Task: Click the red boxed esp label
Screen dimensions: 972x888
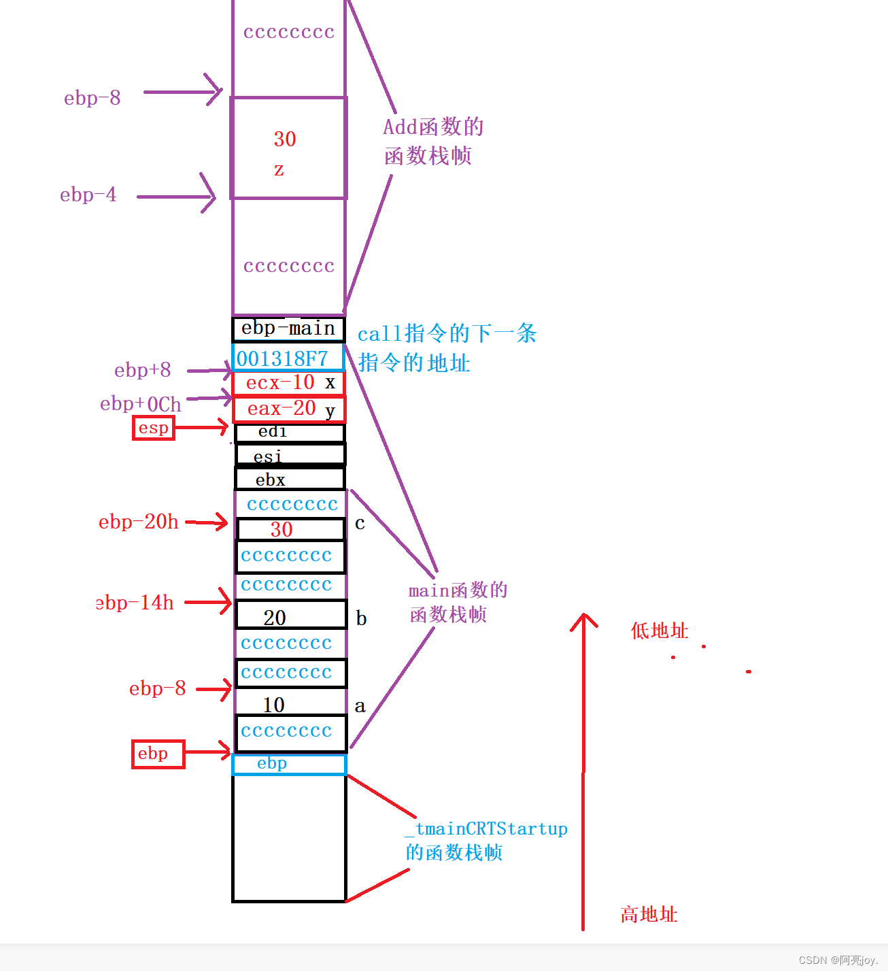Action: click(x=154, y=428)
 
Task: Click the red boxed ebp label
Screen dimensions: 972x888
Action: click(x=158, y=754)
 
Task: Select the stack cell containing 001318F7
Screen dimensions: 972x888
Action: click(x=288, y=358)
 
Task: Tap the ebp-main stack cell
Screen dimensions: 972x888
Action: click(x=288, y=329)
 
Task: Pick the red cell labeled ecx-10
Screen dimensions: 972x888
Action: click(x=289, y=383)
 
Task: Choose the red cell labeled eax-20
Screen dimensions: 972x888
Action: click(x=289, y=409)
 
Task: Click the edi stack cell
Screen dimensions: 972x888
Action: click(x=290, y=433)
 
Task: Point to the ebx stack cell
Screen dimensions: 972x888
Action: click(x=290, y=480)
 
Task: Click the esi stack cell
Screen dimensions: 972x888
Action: click(x=290, y=455)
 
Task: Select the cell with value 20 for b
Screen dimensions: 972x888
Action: click(x=290, y=616)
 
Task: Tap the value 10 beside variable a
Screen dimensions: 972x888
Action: click(x=274, y=705)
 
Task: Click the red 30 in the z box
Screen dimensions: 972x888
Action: click(x=285, y=139)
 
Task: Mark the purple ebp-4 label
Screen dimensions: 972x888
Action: click(x=88, y=195)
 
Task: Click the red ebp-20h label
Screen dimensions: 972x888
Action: click(x=139, y=522)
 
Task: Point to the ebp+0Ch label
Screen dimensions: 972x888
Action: click(x=141, y=404)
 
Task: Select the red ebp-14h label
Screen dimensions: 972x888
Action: click(x=135, y=603)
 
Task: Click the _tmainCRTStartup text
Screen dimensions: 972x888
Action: click(x=487, y=829)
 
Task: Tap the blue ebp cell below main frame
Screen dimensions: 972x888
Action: click(x=289, y=765)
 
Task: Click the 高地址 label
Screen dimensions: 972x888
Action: click(x=649, y=914)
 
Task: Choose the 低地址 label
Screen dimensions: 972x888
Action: click(x=660, y=631)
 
